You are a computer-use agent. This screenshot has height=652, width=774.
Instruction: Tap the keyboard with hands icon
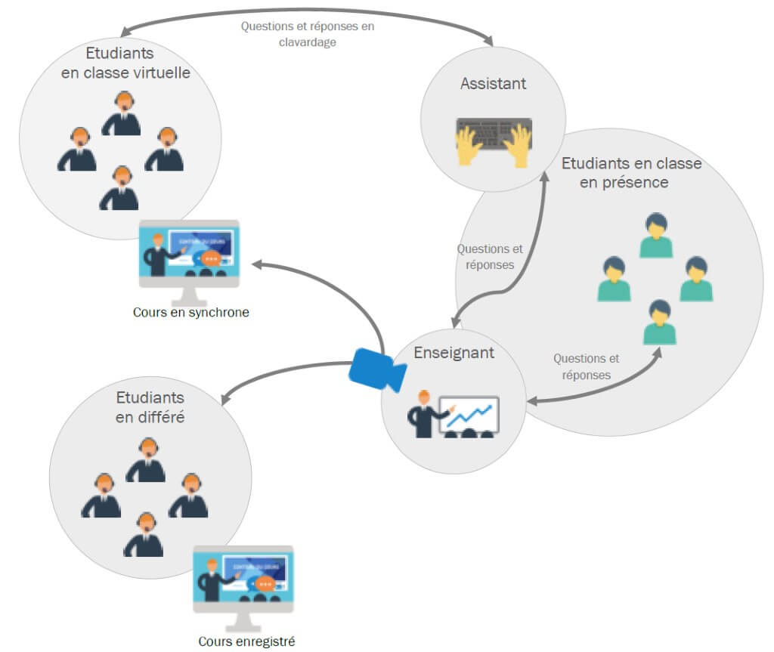494,141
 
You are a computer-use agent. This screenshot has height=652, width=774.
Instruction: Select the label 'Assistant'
493,83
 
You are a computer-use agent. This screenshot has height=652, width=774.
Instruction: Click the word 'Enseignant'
454,353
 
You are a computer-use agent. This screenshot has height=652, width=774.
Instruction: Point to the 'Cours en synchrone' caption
190,311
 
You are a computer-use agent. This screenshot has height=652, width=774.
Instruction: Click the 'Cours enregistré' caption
246,641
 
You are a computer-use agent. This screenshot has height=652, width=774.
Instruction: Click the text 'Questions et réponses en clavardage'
308,34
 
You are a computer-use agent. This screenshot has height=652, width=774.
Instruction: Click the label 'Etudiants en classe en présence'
631,172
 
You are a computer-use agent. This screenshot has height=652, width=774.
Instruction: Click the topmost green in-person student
655,236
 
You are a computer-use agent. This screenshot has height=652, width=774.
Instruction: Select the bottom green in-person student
659,323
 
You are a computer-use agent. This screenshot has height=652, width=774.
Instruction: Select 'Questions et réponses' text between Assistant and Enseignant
490,257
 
